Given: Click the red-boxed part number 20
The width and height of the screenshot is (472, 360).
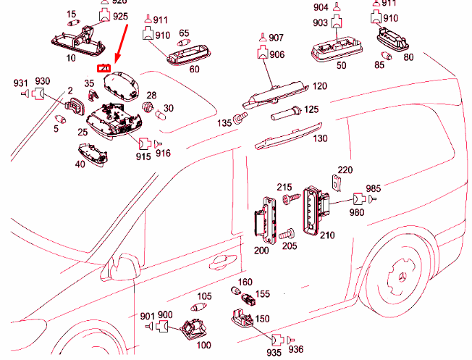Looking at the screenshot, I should click(x=104, y=69).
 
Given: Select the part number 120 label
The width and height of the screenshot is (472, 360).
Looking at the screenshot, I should click(x=319, y=86).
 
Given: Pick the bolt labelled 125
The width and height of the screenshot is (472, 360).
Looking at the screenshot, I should click(x=283, y=114).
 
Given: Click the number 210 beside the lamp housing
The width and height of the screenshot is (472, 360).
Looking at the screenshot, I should click(x=327, y=235).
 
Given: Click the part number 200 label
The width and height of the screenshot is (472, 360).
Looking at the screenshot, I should click(x=261, y=250).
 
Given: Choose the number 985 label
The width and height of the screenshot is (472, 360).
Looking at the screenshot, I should click(x=373, y=188).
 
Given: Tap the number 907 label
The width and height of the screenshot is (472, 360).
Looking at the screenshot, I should click(x=277, y=37).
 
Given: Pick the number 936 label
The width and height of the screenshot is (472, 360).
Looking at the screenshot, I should click(x=296, y=349).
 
